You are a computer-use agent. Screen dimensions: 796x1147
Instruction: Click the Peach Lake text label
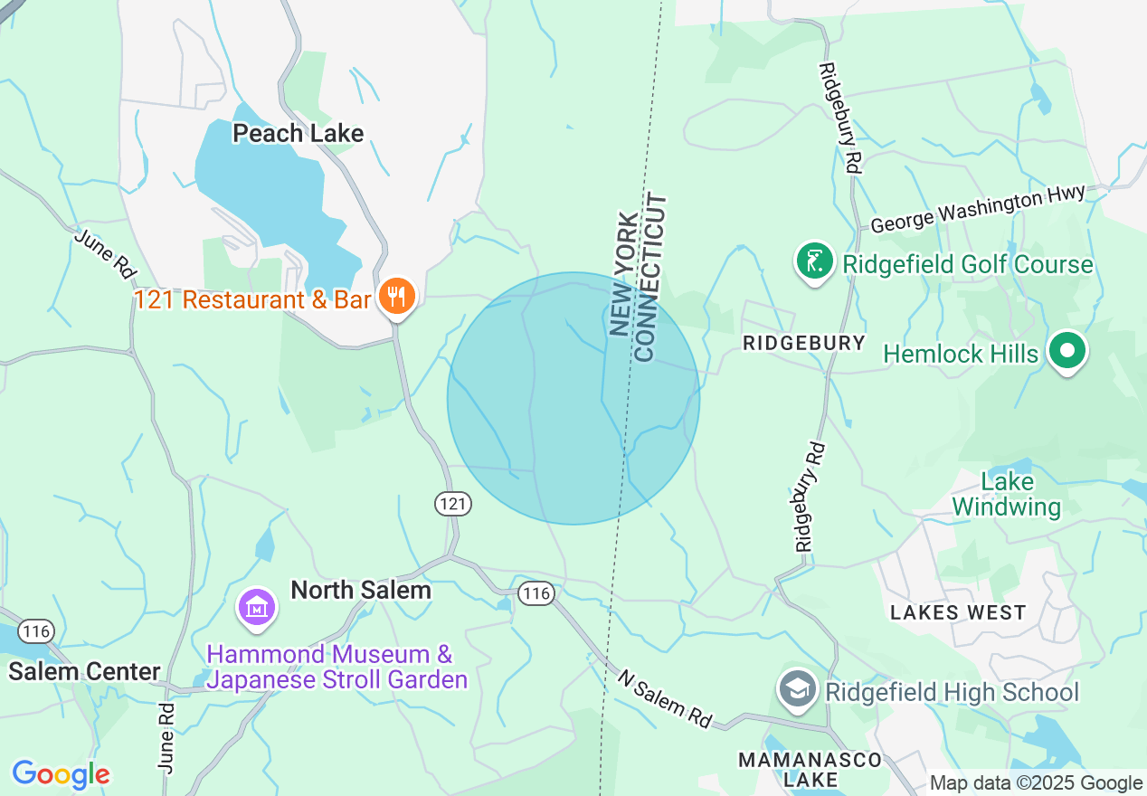[298, 134]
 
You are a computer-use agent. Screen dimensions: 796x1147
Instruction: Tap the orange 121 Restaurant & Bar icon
[396, 296]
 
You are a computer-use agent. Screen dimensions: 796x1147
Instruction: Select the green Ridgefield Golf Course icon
[814, 261]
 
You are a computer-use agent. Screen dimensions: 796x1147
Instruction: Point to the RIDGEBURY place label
[803, 344]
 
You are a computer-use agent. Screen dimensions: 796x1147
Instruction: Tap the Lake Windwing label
[1006, 494]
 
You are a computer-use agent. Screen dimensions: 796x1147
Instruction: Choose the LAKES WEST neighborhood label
[958, 612]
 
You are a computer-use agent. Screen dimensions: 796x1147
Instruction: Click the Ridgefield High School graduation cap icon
[797, 689]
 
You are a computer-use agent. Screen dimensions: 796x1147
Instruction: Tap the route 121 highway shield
[452, 503]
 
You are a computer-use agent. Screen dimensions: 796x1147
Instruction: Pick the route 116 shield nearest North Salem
[536, 593]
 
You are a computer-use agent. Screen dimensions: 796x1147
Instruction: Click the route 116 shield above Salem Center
[36, 630]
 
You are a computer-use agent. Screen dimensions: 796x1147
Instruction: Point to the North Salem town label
[360, 590]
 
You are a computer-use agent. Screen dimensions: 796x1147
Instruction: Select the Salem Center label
[84, 671]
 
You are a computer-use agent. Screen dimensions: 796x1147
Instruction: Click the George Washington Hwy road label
[977, 209]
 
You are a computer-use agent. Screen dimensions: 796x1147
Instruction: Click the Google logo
[61, 774]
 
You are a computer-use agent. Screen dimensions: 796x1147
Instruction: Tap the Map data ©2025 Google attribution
[1036, 783]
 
